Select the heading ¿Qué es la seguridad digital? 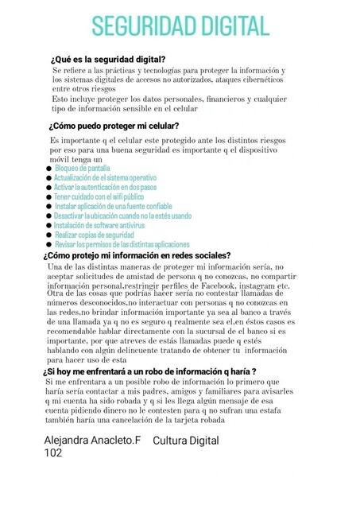click(x=107, y=60)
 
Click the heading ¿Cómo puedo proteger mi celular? click(x=114, y=126)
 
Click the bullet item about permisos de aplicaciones click(x=116, y=245)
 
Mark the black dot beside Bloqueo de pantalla click(x=49, y=169)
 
